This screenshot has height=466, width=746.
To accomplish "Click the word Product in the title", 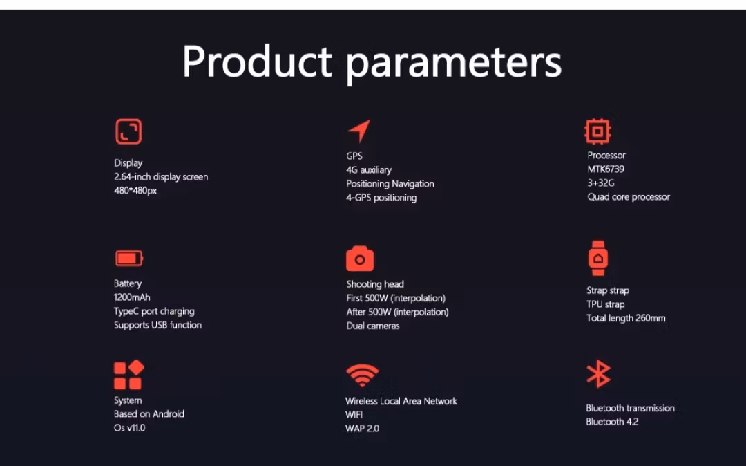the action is (x=257, y=61).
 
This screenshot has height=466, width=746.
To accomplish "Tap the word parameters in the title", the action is (x=453, y=65).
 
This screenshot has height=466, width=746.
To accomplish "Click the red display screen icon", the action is (x=128, y=131).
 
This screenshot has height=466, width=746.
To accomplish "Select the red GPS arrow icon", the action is (x=359, y=131).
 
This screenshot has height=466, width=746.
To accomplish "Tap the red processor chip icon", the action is (x=597, y=131).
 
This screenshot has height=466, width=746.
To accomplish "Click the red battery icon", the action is (x=129, y=259).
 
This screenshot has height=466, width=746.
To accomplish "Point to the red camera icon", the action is (x=360, y=259).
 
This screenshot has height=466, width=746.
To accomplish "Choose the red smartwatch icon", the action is (x=598, y=258).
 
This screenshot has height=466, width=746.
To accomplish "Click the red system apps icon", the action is (x=128, y=375).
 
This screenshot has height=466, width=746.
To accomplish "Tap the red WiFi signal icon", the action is (x=362, y=375).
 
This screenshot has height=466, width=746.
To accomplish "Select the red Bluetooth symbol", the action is (x=598, y=373).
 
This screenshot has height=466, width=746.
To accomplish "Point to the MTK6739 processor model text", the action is (x=606, y=169).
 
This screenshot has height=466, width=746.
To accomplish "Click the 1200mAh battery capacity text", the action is (x=132, y=297).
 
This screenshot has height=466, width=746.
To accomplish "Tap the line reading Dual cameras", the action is (x=372, y=326).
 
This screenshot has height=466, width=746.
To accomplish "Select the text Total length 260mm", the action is (x=626, y=318).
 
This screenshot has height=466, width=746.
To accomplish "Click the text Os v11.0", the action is (x=129, y=427).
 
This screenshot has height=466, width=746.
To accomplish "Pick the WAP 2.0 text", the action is (x=362, y=429).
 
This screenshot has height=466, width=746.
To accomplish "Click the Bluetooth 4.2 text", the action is (x=612, y=422).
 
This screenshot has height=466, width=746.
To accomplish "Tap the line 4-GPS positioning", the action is (x=381, y=198).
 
